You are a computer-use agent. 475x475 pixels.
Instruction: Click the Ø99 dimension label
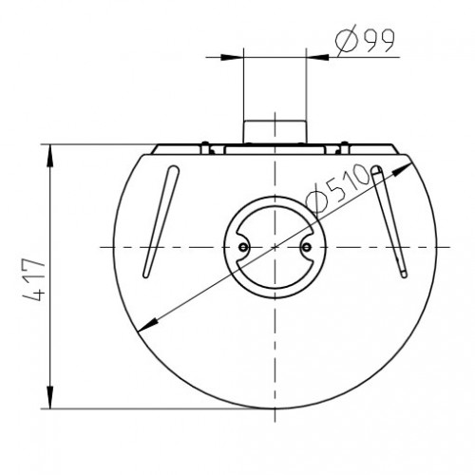click(365, 40)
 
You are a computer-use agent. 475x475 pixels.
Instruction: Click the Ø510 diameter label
click(338, 189)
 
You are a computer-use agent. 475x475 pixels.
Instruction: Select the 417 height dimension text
click(34, 279)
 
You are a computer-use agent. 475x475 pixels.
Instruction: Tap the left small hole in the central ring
click(243, 247)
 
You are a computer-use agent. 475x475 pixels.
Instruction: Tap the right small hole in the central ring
click(306, 247)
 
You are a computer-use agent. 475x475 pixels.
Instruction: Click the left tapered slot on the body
click(161, 221)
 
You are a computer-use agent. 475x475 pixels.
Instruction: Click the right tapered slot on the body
click(389, 221)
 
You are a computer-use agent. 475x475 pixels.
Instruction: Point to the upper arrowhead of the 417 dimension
click(50, 156)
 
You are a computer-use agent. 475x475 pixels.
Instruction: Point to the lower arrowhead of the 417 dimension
click(50, 397)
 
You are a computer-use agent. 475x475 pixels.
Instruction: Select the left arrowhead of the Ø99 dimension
click(232, 57)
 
